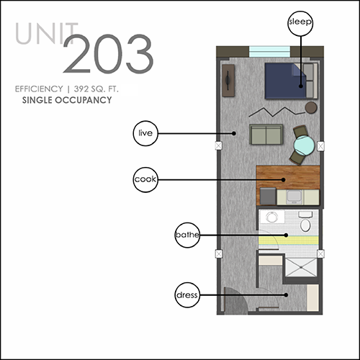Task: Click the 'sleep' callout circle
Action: [300, 23]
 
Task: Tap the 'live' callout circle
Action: [145, 133]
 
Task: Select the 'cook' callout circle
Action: [145, 180]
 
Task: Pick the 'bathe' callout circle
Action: [187, 235]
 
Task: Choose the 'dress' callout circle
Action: [187, 295]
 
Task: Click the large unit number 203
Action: [108, 54]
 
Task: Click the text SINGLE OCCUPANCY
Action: [67, 100]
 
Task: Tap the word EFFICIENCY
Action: [39, 89]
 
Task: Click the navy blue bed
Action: [286, 81]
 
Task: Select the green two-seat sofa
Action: [266, 135]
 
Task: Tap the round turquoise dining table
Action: [305, 145]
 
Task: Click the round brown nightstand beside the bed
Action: [311, 107]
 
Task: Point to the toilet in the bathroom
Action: [305, 221]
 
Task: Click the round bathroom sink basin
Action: [271, 217]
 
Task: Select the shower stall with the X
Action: [301, 267]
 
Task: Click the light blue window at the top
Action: [269, 52]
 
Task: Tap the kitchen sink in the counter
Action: [294, 197]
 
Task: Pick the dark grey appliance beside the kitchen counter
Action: [268, 196]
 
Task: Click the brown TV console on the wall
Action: [228, 81]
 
